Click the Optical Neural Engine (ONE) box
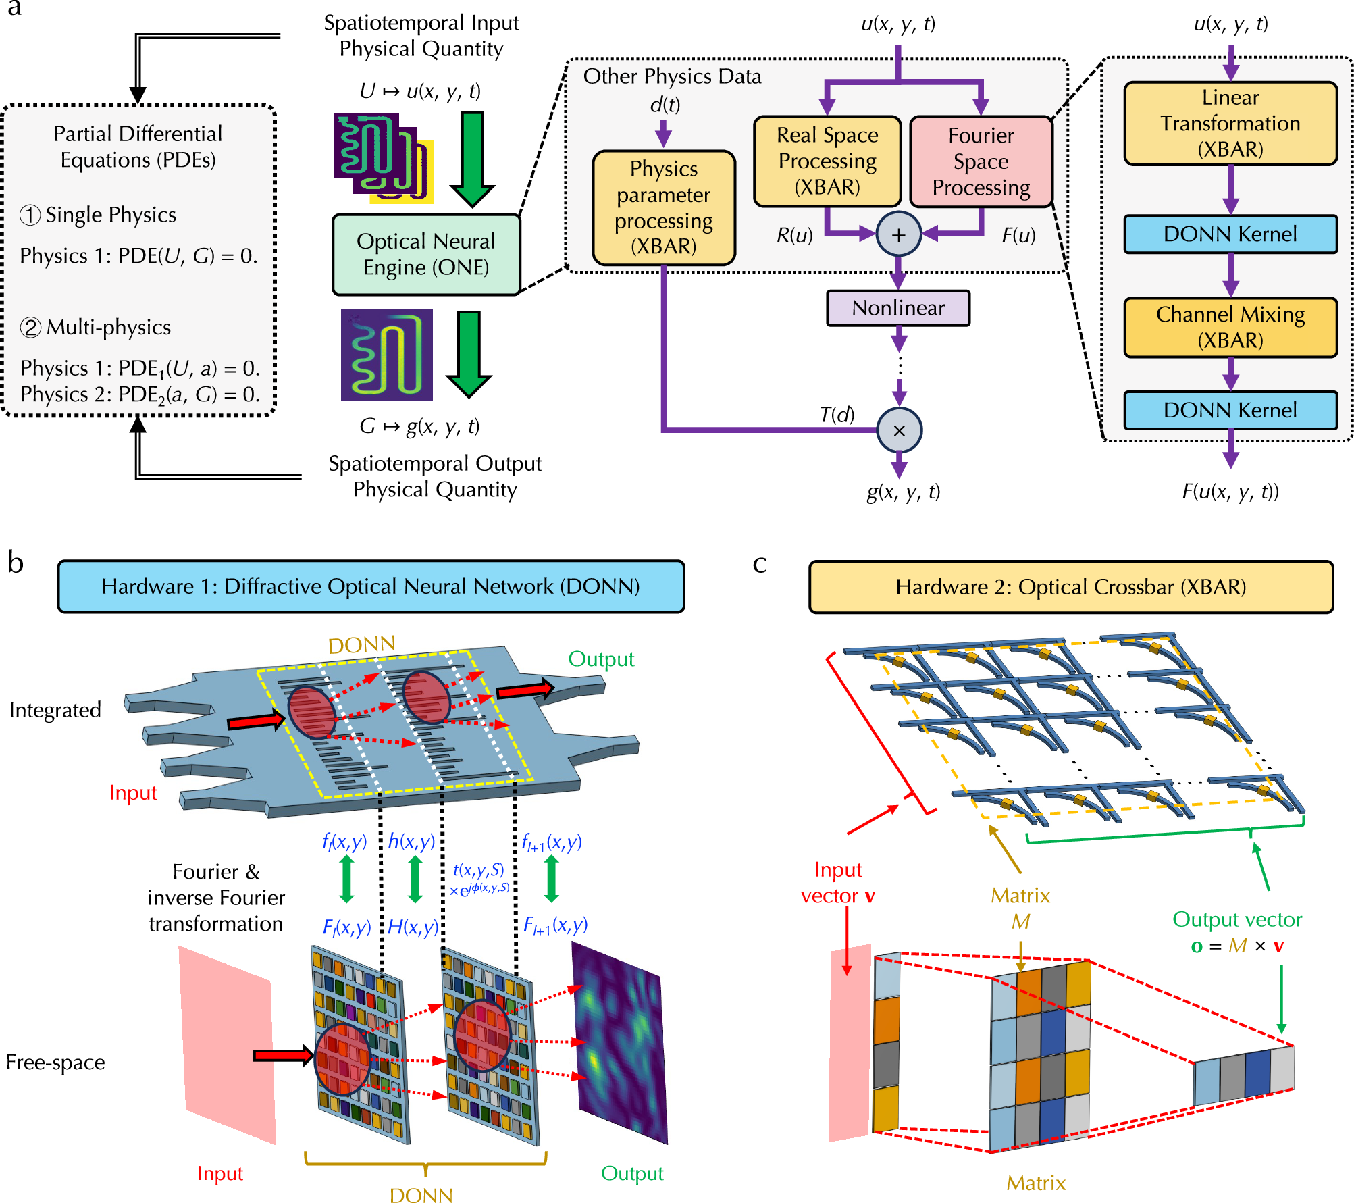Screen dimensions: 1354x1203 click(426, 255)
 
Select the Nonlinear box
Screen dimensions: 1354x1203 click(898, 308)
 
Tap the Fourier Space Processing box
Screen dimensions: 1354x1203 click(981, 161)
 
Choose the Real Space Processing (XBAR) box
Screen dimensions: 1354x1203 click(827, 161)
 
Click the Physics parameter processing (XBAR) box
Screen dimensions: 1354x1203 click(664, 207)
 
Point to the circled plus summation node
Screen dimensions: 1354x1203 click(899, 234)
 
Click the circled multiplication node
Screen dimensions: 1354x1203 click(900, 430)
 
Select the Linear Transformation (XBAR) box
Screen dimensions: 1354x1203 click(1230, 124)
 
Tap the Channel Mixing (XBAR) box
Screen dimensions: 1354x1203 click(1230, 328)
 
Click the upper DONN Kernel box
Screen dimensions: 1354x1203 click(1230, 234)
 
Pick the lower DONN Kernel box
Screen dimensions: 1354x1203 click(1230, 410)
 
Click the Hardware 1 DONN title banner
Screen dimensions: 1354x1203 click(371, 586)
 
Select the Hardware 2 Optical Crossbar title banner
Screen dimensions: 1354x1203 click(1071, 587)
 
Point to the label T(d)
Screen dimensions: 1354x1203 click(837, 414)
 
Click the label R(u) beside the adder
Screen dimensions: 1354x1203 click(794, 235)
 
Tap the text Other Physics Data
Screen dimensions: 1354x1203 click(672, 76)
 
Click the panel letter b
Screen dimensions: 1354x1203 click(16, 563)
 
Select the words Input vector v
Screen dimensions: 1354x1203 click(838, 882)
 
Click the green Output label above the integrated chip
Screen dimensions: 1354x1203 click(601, 659)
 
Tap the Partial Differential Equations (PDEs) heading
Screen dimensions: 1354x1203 click(138, 147)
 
